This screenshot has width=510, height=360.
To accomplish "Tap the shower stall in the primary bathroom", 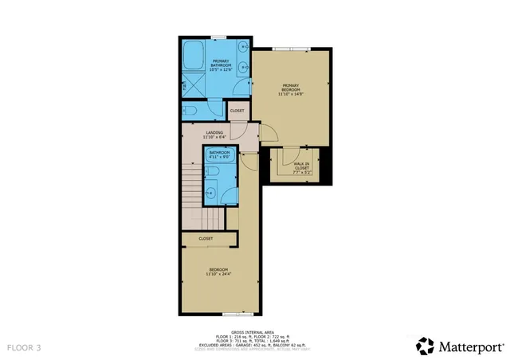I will (x=194, y=84).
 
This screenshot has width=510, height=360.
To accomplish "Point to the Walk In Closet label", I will (x=301, y=166).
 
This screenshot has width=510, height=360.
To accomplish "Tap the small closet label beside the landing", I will (x=237, y=110).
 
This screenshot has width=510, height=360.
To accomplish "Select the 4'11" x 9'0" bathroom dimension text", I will (x=219, y=157).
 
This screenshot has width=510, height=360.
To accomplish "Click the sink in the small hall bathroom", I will (x=211, y=191).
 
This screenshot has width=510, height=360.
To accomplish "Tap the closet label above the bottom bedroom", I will (x=206, y=238).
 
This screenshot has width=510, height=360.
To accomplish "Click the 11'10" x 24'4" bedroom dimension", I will (x=219, y=275).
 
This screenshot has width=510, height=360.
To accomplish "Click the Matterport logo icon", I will (x=425, y=346).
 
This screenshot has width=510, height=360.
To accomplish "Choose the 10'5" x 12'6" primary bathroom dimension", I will (x=221, y=69).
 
